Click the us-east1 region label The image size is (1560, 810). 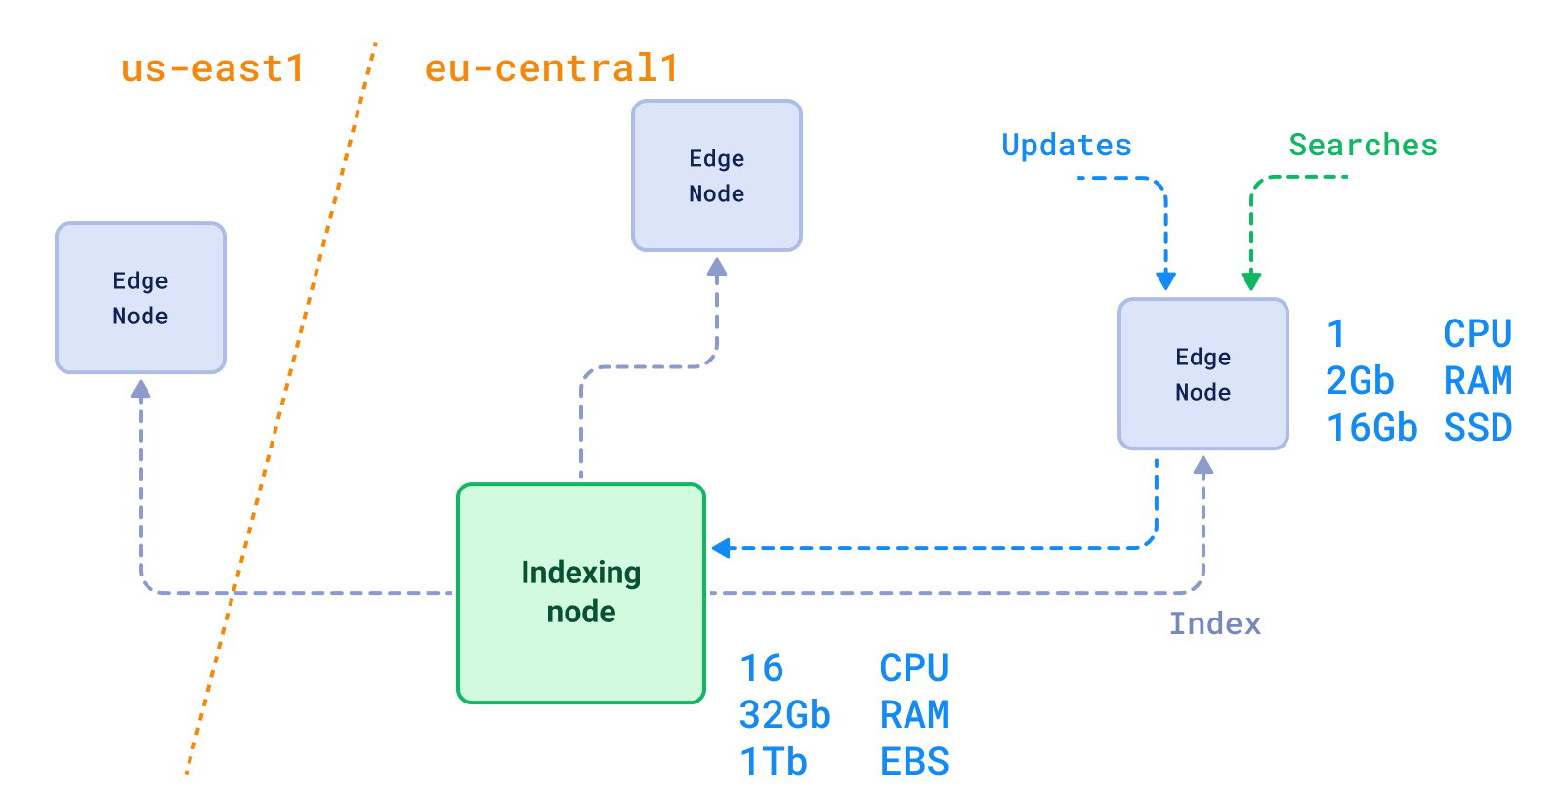pyautogui.click(x=212, y=69)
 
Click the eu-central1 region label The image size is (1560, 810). pyautogui.click(x=551, y=69)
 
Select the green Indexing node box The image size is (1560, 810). pyautogui.click(x=580, y=592)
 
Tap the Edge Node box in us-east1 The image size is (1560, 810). pyautogui.click(x=141, y=298)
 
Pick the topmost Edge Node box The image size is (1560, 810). pyautogui.click(x=716, y=176)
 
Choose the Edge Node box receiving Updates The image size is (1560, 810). pyautogui.click(x=1202, y=374)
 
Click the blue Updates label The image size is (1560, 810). pyautogui.click(x=1066, y=146)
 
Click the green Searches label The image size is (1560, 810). pyautogui.click(x=1363, y=146)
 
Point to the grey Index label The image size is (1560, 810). pyautogui.click(x=1215, y=623)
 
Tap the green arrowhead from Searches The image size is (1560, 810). pyautogui.click(x=1251, y=281)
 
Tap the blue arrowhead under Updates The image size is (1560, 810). pyautogui.click(x=1165, y=281)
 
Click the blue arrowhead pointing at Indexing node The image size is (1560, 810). pyautogui.click(x=722, y=548)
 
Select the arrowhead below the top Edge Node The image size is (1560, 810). pyautogui.click(x=717, y=267)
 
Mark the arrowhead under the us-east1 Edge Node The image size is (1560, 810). pyautogui.click(x=141, y=389)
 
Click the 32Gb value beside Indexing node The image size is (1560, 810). pyautogui.click(x=784, y=715)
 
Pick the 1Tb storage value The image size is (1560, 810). pyautogui.click(x=773, y=762)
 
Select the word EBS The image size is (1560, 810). pyautogui.click(x=914, y=762)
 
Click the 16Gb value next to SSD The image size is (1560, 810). pyautogui.click(x=1371, y=428)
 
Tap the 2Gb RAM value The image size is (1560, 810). pyautogui.click(x=1359, y=381)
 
